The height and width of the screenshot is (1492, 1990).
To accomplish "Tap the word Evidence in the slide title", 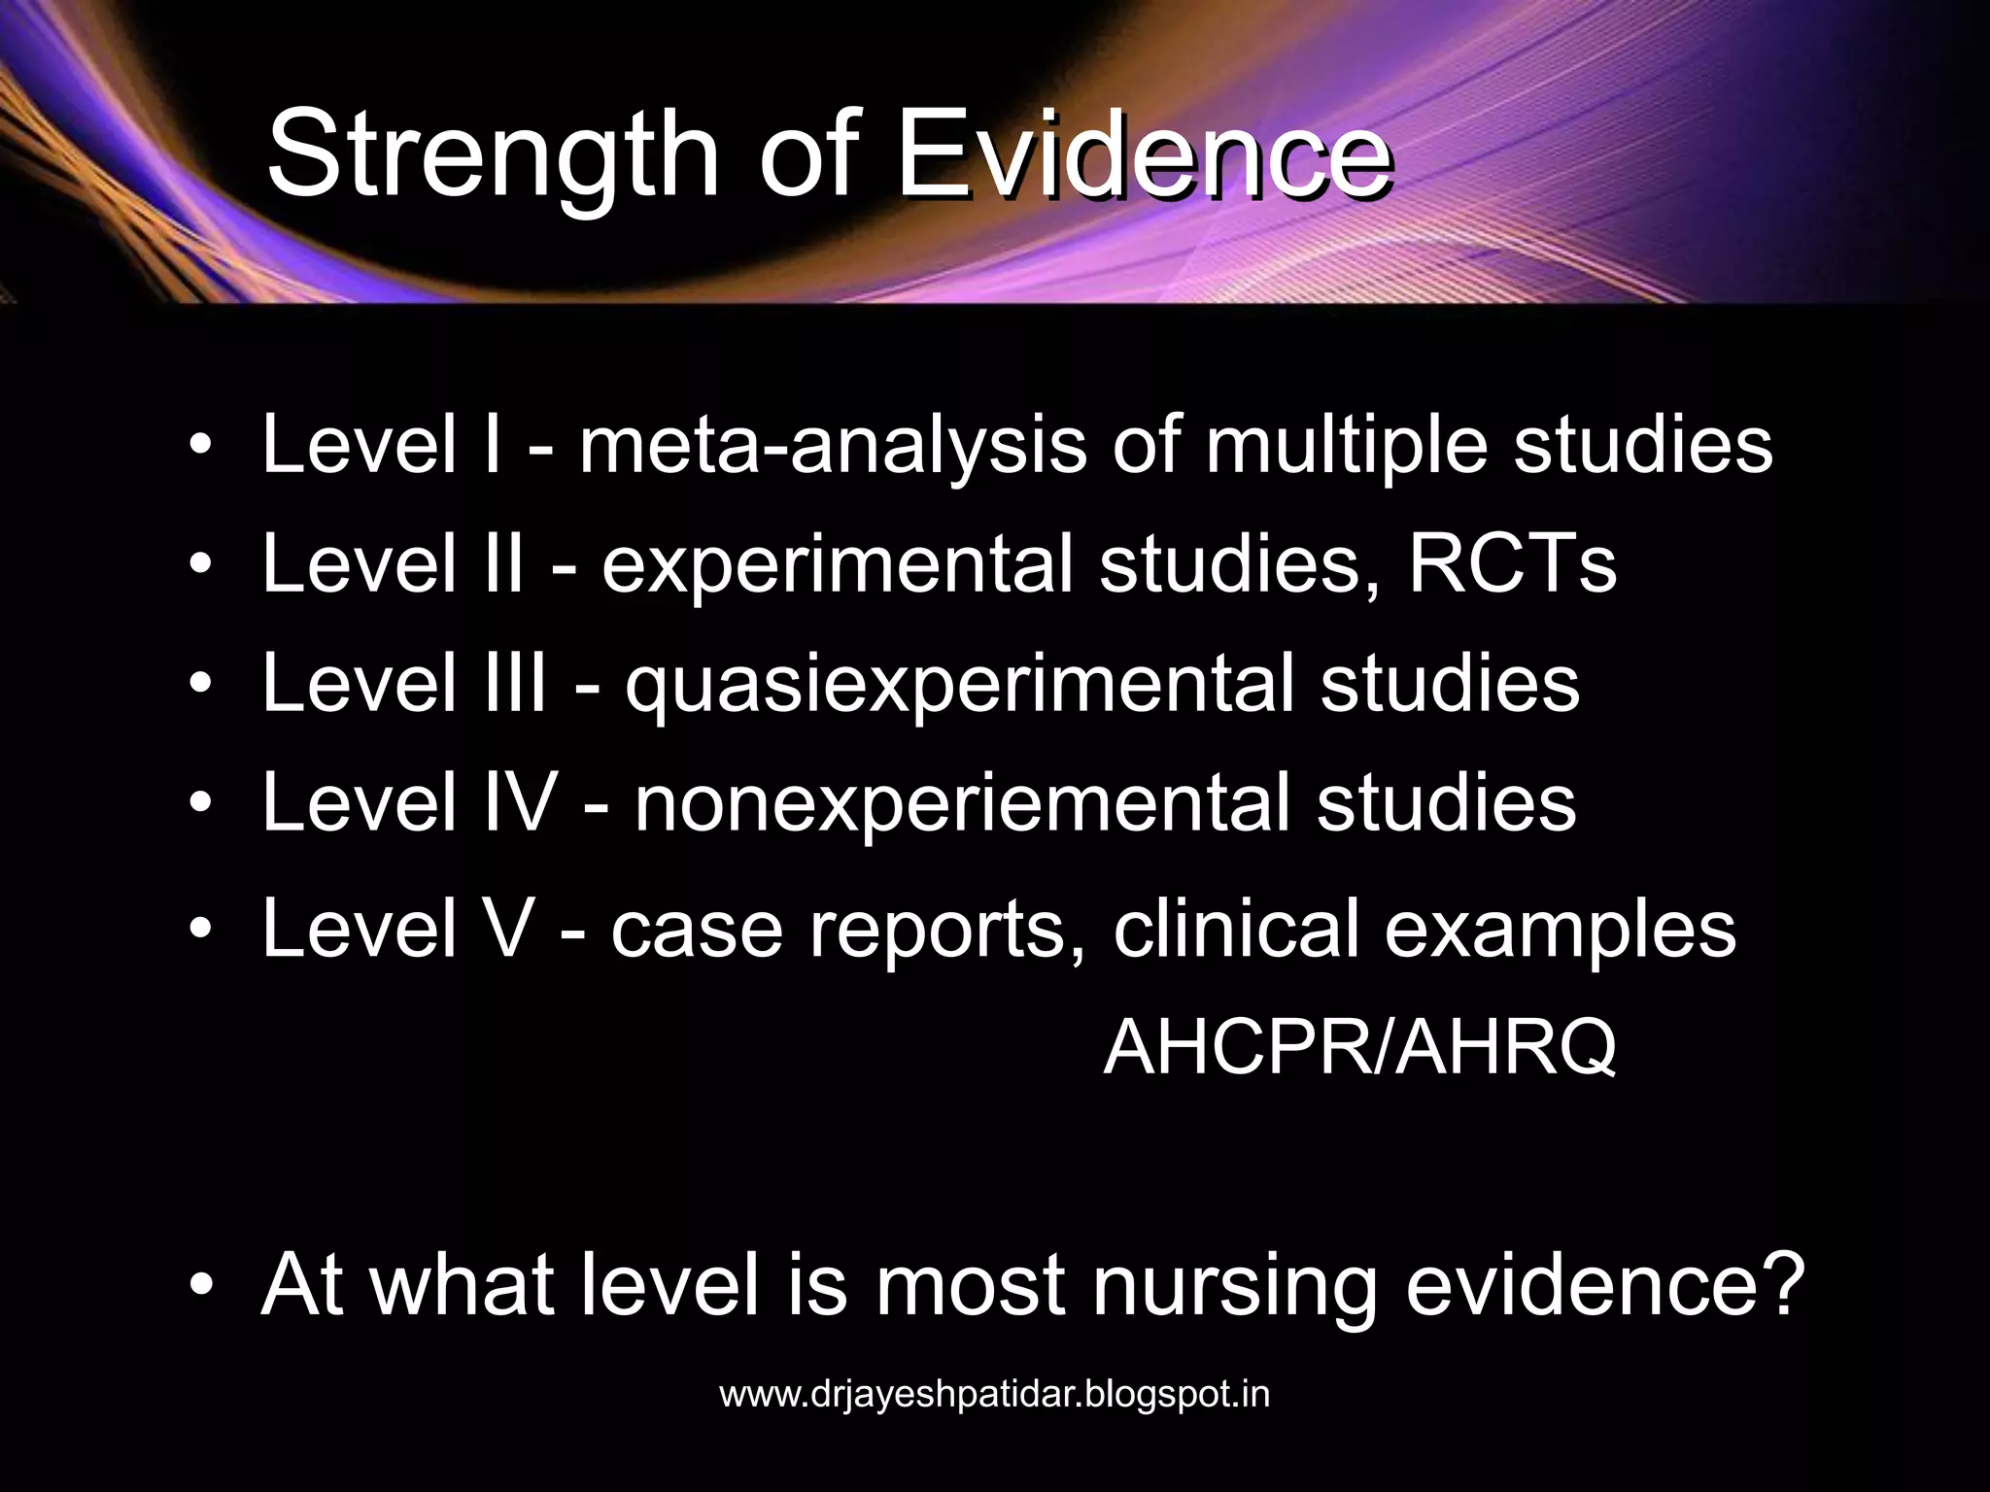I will [x=1144, y=155].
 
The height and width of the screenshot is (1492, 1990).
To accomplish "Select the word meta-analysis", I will [x=833, y=446].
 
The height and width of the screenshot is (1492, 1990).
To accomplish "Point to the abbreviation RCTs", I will [x=1512, y=564].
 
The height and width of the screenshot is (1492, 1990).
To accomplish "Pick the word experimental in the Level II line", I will [x=837, y=566].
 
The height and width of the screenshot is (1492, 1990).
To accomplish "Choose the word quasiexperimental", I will [x=959, y=685].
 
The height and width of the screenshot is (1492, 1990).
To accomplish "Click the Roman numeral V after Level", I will [x=507, y=928].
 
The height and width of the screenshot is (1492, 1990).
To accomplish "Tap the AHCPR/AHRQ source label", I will [x=1359, y=1047].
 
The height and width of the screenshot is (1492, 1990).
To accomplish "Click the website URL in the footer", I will [x=994, y=1395].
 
